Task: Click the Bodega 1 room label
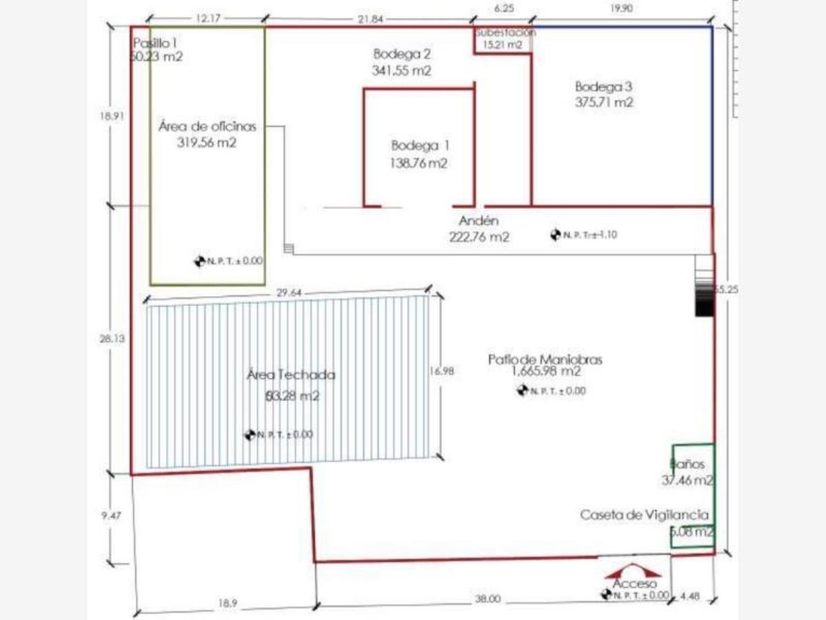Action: point(420,145)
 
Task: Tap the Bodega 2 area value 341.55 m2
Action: point(403,70)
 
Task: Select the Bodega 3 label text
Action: point(604,87)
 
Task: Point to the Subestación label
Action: point(505,32)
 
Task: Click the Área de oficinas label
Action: point(207,127)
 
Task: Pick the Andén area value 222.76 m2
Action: point(478,237)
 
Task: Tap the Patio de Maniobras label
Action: point(545,359)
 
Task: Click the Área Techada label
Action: point(291,375)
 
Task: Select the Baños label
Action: point(688,465)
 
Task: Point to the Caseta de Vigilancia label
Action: point(644,515)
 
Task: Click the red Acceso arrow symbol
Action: point(633,572)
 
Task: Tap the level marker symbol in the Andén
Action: point(555,235)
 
